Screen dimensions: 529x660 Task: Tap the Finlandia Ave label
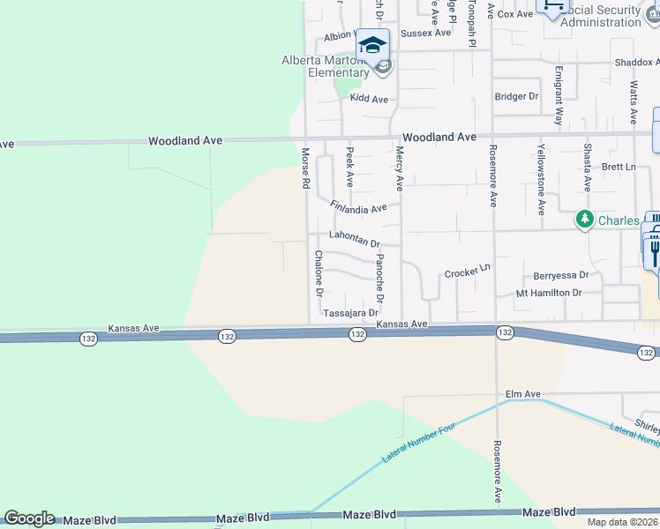click(358, 208)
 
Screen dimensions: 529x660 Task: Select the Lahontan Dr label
click(354, 238)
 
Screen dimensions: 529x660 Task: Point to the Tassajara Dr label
click(350, 313)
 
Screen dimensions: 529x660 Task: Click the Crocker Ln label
click(467, 272)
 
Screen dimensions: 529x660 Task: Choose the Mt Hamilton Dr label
click(549, 293)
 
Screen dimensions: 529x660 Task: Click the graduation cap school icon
click(372, 45)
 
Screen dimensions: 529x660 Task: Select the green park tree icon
click(583, 220)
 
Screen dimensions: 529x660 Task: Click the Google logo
click(29, 518)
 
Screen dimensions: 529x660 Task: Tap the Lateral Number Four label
click(419, 445)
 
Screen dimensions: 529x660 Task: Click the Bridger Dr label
click(516, 96)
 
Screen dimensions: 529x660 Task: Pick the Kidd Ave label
click(369, 100)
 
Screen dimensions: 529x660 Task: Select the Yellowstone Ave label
click(541, 180)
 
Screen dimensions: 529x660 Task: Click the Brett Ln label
click(619, 167)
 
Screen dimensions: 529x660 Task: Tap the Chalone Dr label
click(319, 273)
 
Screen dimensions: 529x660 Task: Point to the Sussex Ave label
click(425, 33)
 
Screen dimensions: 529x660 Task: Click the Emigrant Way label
click(558, 94)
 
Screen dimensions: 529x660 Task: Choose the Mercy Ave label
click(399, 168)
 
